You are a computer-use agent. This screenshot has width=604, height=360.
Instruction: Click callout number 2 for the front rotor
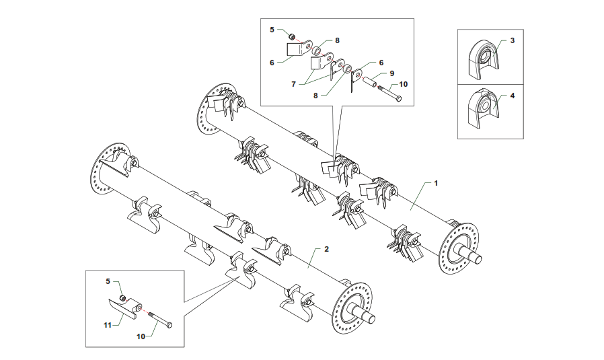[x=326, y=249]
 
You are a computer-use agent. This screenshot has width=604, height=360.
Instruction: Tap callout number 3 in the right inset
[x=513, y=41]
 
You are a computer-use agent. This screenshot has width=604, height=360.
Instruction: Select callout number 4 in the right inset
[x=513, y=96]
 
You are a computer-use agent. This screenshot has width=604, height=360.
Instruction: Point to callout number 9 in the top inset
[x=392, y=73]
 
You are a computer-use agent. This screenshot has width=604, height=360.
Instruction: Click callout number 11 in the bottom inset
[x=107, y=325]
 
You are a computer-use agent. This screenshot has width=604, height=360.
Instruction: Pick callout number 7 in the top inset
[x=293, y=84]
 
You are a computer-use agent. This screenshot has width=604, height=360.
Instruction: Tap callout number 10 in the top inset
[x=404, y=85]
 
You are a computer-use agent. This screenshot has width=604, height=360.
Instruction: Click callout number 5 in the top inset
[x=272, y=30]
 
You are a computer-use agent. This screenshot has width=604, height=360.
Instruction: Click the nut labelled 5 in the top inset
[x=293, y=36]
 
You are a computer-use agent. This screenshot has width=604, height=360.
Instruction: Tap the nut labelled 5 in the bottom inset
[x=122, y=298]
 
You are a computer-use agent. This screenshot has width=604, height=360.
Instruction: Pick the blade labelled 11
[x=119, y=308]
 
